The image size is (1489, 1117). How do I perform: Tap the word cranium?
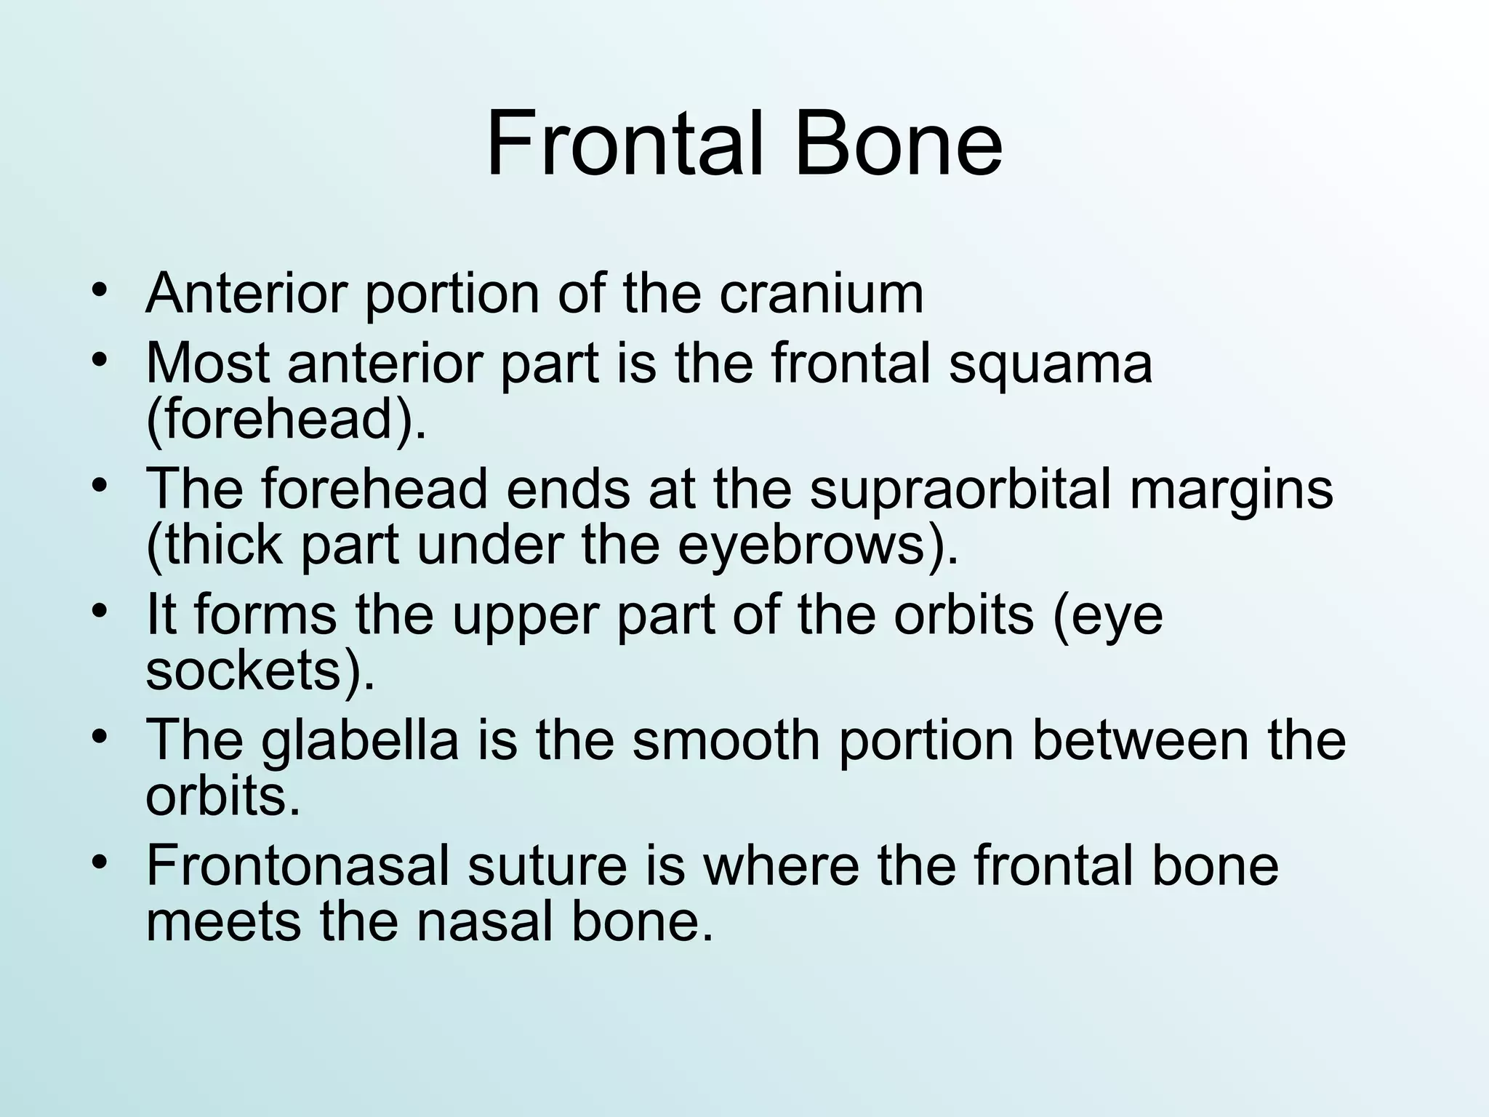coord(822,293)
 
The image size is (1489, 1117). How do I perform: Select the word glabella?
coord(360,741)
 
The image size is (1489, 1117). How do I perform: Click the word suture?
coord(547,865)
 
